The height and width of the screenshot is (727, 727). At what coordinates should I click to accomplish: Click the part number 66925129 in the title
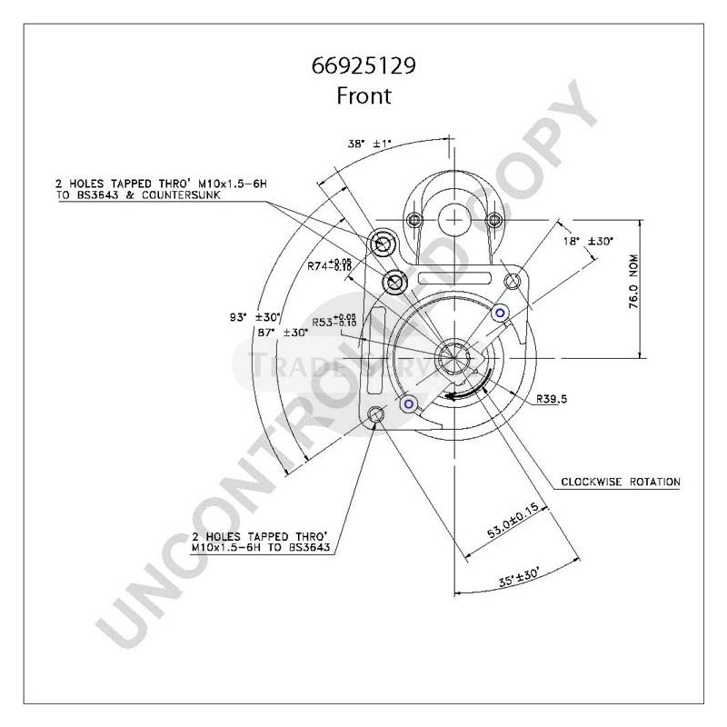click(363, 67)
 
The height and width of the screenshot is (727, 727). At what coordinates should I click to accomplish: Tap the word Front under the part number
click(363, 95)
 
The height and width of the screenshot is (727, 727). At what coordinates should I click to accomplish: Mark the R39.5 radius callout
click(552, 398)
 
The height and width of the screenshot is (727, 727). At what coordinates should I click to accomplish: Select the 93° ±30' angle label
click(252, 317)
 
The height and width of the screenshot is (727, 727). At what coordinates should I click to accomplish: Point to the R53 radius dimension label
click(334, 321)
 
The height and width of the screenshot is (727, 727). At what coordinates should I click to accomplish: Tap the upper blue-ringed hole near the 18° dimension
click(499, 314)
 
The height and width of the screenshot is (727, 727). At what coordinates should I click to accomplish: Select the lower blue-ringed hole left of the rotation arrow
click(409, 403)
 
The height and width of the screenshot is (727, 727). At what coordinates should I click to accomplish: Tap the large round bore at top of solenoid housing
click(453, 218)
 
